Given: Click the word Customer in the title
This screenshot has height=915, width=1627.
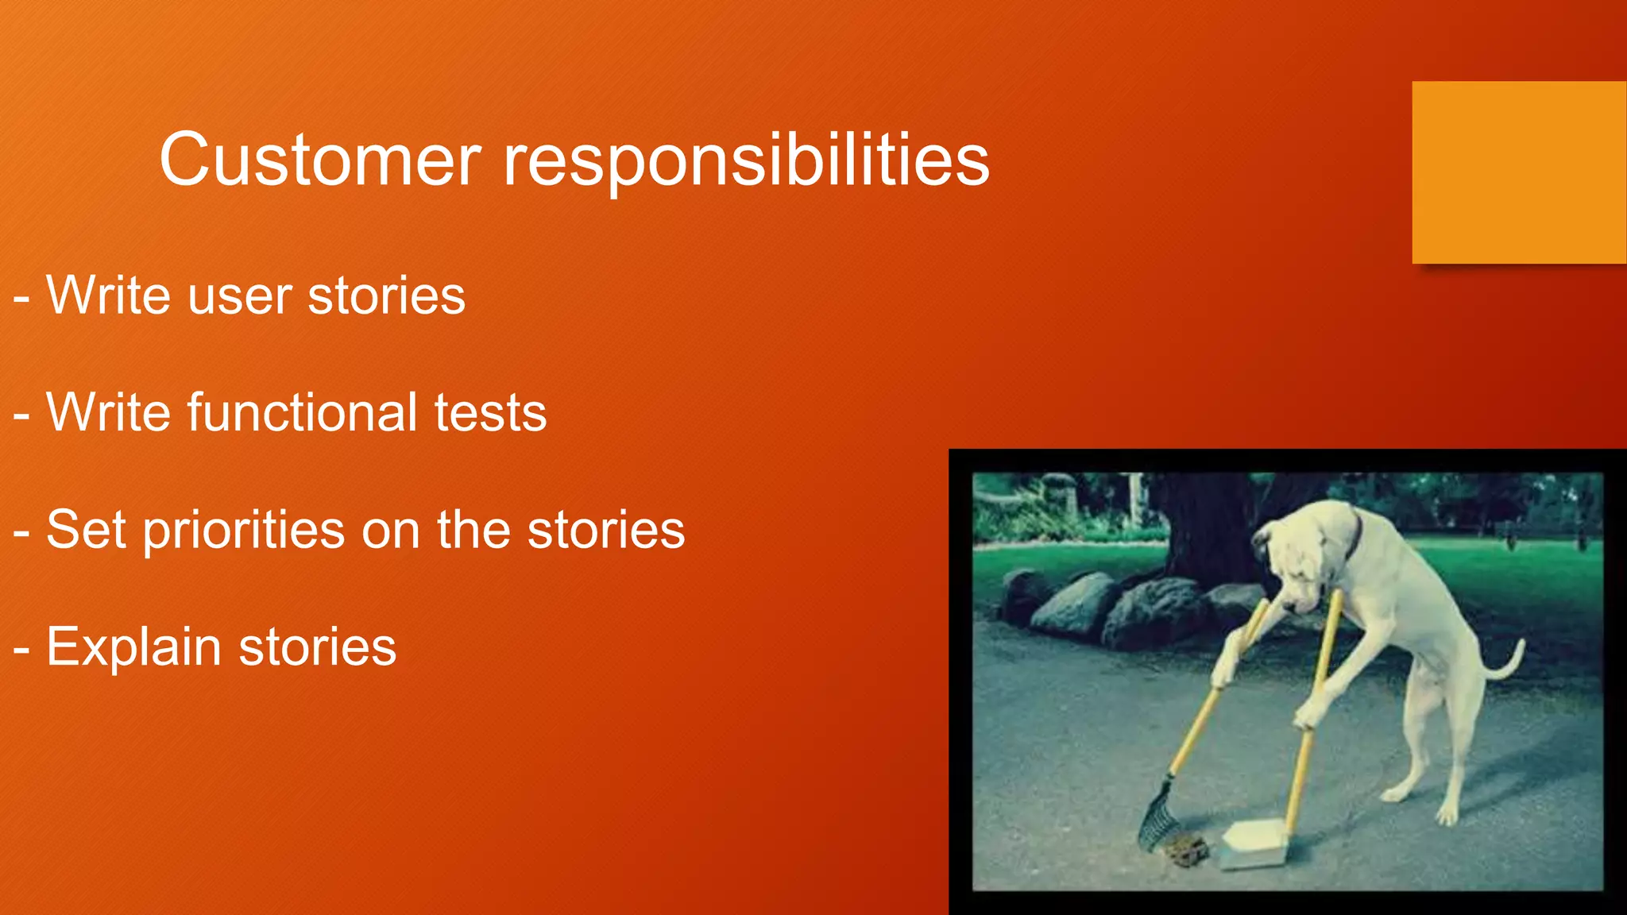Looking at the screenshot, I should pos(320,160).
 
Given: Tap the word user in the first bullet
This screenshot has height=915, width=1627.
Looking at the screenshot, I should pos(238,296).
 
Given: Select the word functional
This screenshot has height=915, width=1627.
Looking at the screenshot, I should pos(302,413).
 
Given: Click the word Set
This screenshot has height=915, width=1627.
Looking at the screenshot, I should pos(86,530).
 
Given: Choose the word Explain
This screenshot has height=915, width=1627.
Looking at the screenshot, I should pos(133,647).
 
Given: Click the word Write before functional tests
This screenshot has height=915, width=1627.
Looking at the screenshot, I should pos(109,413).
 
